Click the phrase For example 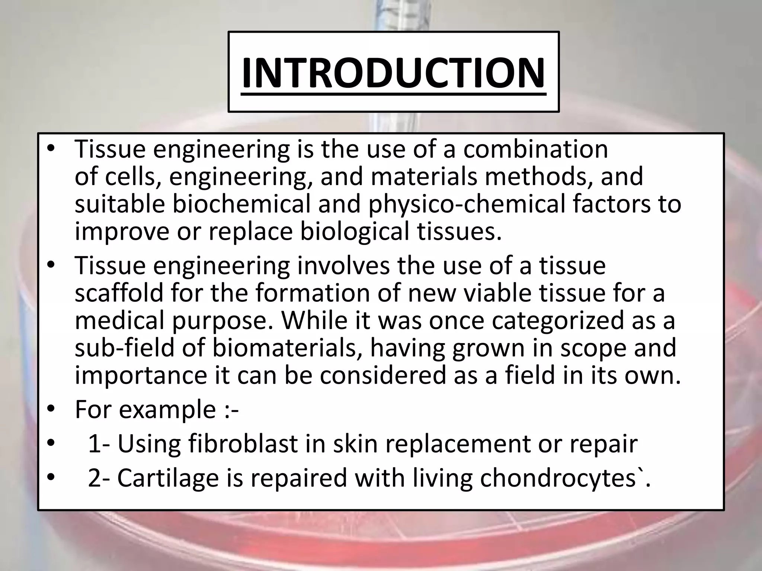(x=145, y=409)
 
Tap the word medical (x=119, y=320)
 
